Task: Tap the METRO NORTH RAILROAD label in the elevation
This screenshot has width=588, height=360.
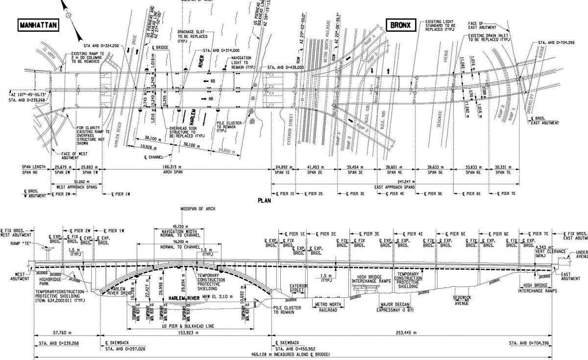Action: coord(328,307)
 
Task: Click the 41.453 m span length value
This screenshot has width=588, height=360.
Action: coord(318,167)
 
